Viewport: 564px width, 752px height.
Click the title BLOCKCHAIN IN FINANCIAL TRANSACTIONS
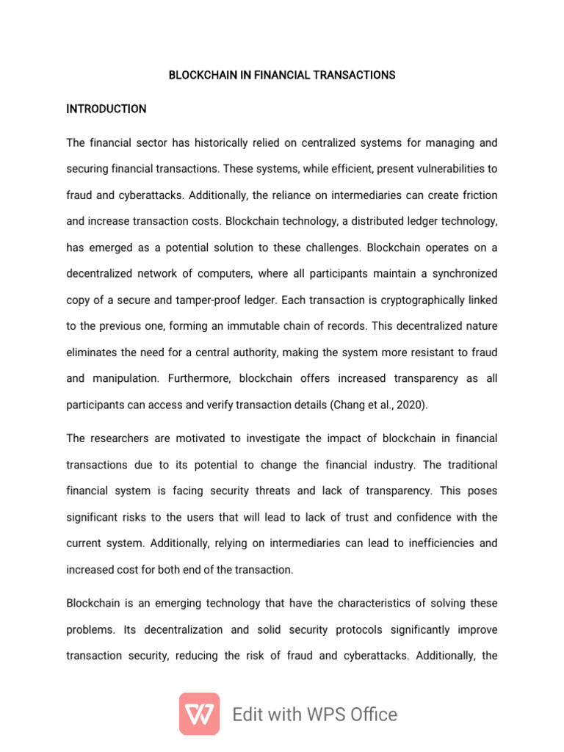click(282, 75)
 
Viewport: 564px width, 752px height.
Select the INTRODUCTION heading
click(106, 109)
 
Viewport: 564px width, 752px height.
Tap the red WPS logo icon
click(199, 714)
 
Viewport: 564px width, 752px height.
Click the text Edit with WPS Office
click(314, 715)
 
